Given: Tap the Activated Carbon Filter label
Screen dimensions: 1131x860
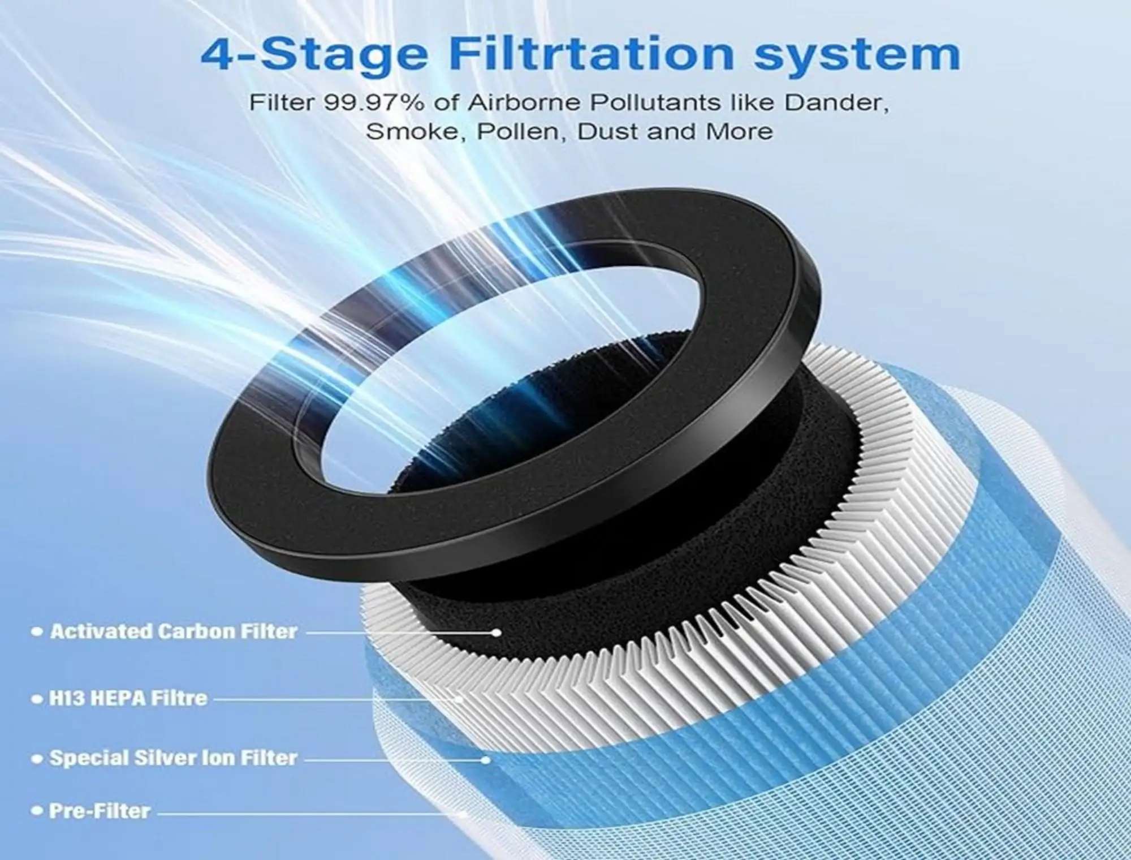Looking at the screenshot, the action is tap(174, 631).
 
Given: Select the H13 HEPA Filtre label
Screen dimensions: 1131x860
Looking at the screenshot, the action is tap(128, 698).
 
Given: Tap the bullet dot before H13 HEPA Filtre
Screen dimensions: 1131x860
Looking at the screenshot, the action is tap(38, 699).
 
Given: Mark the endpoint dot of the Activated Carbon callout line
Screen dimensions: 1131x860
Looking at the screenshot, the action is tap(496, 633).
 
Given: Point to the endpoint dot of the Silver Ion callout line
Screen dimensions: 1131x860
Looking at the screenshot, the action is tap(485, 760).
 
